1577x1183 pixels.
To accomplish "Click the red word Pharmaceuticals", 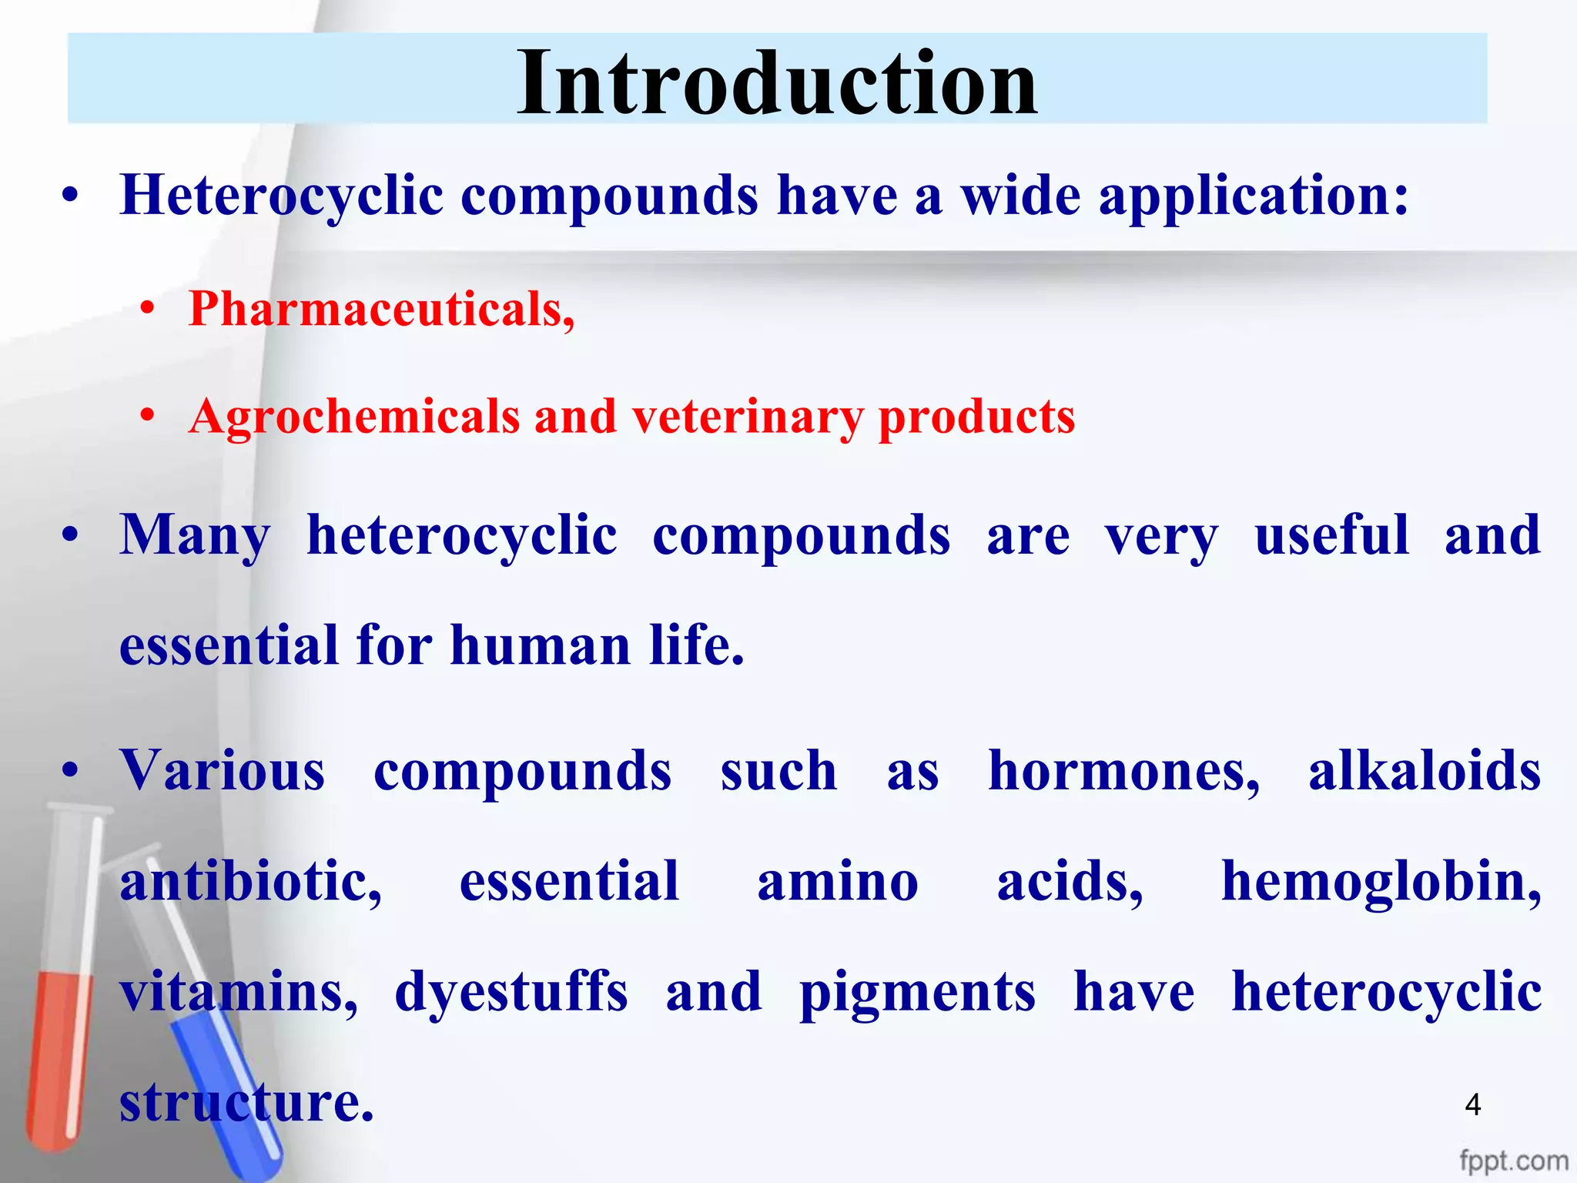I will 380,310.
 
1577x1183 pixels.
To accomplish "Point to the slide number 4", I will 1472,1105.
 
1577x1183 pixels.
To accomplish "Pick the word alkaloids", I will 1424,771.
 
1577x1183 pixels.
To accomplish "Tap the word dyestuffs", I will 511,992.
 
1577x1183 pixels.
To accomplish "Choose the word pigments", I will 917,992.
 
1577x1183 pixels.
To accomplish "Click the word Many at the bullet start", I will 194,535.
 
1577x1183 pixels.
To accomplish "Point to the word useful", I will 1331,535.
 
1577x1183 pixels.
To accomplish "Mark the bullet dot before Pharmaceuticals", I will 148,310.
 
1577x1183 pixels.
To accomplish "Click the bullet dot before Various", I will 71,771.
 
